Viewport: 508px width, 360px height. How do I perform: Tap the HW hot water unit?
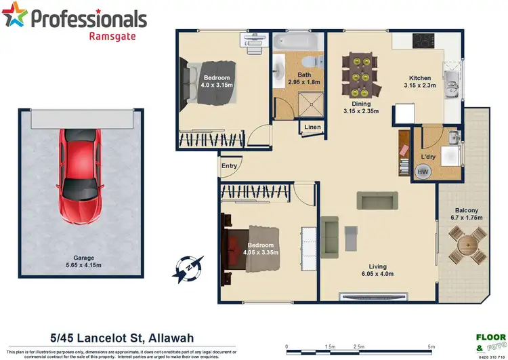(422, 172)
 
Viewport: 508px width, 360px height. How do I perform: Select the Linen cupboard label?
(312, 127)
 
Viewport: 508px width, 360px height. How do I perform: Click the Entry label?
(229, 166)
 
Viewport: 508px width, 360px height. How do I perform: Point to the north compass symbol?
(184, 268)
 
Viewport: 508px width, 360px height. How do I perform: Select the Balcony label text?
(467, 210)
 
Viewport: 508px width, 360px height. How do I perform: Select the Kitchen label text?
(415, 77)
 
